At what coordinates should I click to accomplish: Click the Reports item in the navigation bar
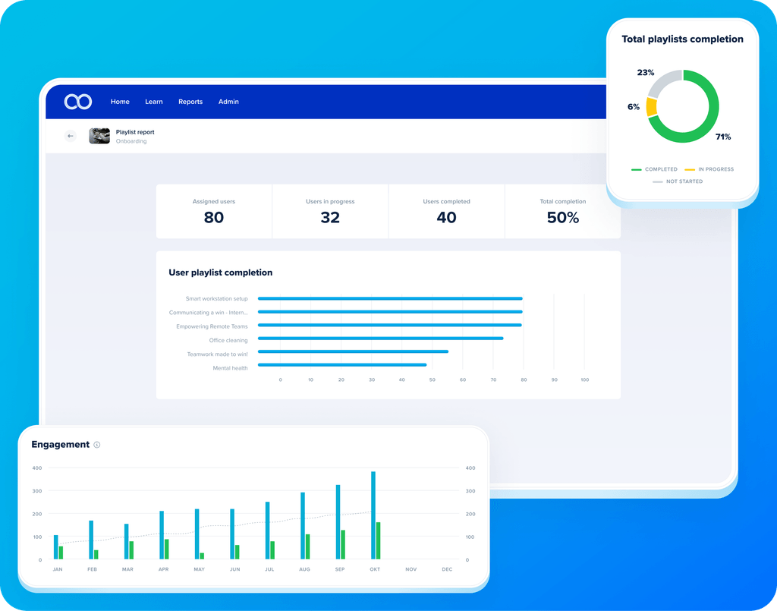tap(190, 102)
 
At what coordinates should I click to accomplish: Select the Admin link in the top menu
tap(228, 102)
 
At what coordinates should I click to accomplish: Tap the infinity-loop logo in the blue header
tap(78, 102)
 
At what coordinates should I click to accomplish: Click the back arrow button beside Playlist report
tap(71, 136)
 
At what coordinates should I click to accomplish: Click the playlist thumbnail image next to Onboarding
tap(99, 136)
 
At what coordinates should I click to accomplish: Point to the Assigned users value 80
tap(214, 217)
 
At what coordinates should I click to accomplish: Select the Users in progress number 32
tap(330, 217)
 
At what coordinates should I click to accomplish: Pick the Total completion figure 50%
tap(563, 217)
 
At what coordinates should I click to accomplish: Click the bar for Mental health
tap(342, 365)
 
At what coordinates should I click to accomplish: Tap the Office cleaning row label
tap(228, 340)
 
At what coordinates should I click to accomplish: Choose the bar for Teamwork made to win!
tap(353, 351)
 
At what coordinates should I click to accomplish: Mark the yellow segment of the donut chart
tap(651, 107)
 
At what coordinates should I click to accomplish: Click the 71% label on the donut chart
tap(723, 137)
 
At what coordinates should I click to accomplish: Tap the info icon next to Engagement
tap(97, 445)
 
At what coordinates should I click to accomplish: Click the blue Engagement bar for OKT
tap(373, 515)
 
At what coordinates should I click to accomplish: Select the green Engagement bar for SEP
tap(343, 544)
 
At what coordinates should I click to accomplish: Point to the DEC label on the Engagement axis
tap(447, 569)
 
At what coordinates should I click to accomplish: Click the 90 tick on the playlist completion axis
tap(554, 380)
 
